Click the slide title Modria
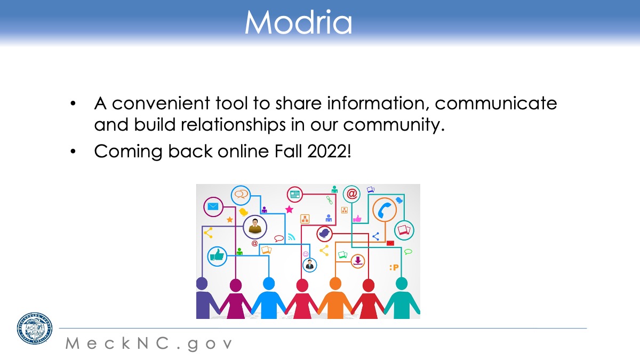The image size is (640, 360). (x=298, y=22)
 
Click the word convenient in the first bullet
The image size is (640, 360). (x=161, y=103)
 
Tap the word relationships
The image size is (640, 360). (x=233, y=125)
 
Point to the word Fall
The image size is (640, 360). (x=288, y=151)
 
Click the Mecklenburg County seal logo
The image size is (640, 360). (x=35, y=329)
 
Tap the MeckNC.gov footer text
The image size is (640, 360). (x=149, y=343)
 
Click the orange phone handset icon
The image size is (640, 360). (x=385, y=210)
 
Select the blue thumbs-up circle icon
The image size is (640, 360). (x=217, y=257)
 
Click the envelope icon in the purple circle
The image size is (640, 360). (x=213, y=206)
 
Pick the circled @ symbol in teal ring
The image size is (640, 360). (x=351, y=194)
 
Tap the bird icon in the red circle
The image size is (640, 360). (x=324, y=234)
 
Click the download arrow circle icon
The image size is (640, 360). (x=358, y=261)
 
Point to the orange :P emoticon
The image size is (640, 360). (x=394, y=267)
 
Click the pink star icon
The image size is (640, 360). (x=289, y=210)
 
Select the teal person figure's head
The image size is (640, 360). (x=402, y=284)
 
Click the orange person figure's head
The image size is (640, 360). (x=335, y=283)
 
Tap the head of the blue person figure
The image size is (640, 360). (x=269, y=283)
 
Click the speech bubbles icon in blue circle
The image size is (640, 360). (x=241, y=195)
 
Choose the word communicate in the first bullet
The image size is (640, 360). (x=496, y=103)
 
